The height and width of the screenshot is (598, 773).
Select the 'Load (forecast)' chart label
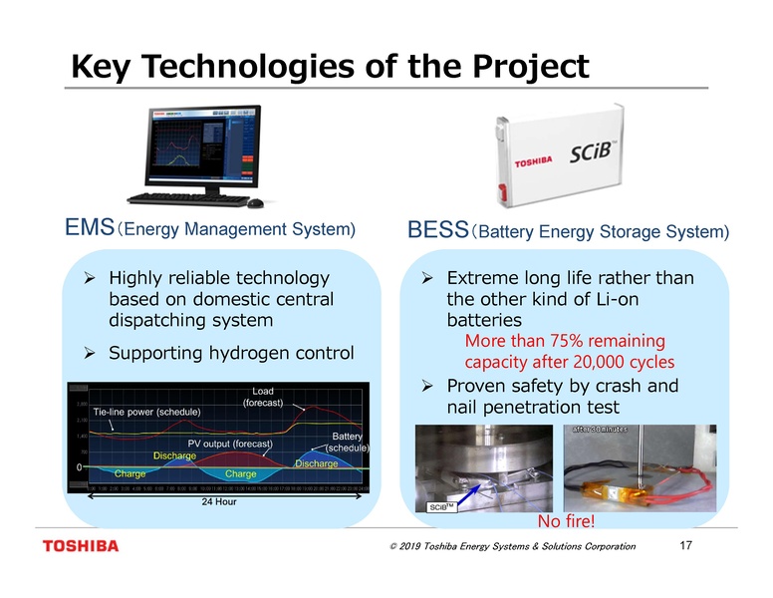pos(263,397)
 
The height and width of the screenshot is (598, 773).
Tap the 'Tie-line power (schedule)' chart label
pos(146,411)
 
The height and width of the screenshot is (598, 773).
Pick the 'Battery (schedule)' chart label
pos(347,442)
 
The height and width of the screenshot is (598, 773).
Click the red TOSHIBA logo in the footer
pos(80,546)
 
